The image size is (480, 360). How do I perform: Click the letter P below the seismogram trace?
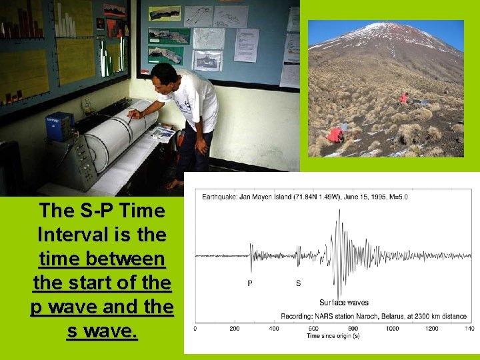click(x=250, y=283)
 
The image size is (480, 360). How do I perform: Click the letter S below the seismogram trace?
click(x=298, y=283)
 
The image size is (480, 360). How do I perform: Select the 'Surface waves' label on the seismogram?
click(x=343, y=303)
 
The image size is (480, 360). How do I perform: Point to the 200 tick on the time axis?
click(x=235, y=329)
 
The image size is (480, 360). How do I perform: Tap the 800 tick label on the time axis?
click(x=353, y=329)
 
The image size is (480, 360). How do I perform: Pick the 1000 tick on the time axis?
click(x=393, y=329)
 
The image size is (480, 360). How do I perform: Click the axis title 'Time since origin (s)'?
click(x=333, y=336)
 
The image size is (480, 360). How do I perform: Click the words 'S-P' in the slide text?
click(x=87, y=211)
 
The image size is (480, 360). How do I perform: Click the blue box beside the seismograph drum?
click(x=59, y=127)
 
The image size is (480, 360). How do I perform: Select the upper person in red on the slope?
click(x=403, y=98)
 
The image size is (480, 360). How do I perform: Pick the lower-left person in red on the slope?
click(x=335, y=135)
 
